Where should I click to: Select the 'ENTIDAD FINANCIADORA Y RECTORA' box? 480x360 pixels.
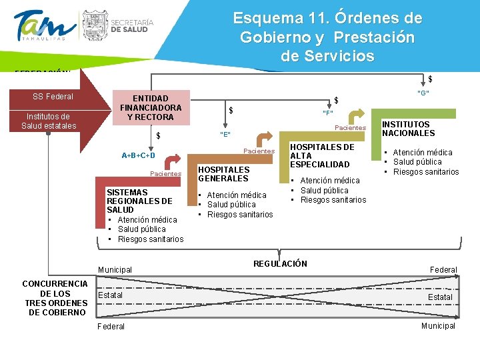[151, 107]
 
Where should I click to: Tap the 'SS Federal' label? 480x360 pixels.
[53, 97]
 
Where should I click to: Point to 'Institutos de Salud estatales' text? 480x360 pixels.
[49, 121]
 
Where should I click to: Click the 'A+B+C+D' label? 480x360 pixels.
[139, 156]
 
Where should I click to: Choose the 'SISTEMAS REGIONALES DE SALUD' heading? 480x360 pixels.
[139, 201]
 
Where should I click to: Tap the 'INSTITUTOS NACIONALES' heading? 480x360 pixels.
[408, 129]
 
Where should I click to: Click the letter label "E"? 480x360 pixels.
[225, 135]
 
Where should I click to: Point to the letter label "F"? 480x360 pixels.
[328, 113]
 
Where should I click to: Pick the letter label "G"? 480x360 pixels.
[423, 93]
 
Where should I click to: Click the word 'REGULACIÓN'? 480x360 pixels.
[280, 264]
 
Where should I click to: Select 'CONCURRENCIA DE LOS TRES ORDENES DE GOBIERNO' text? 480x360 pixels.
[55, 298]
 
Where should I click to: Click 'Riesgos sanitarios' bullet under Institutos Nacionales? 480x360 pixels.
[426, 172]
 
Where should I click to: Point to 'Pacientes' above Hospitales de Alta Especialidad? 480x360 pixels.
[350, 128]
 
